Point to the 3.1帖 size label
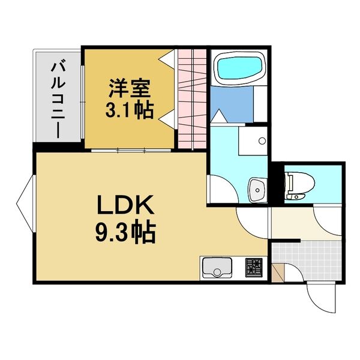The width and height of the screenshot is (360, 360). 129,110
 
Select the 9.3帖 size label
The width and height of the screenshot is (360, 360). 126,232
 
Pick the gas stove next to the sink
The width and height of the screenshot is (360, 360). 253,266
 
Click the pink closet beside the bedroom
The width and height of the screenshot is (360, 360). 192,99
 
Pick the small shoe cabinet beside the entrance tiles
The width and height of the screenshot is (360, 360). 277,272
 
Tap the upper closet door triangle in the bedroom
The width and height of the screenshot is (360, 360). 168,60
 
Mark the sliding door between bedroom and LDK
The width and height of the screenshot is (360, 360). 130,149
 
